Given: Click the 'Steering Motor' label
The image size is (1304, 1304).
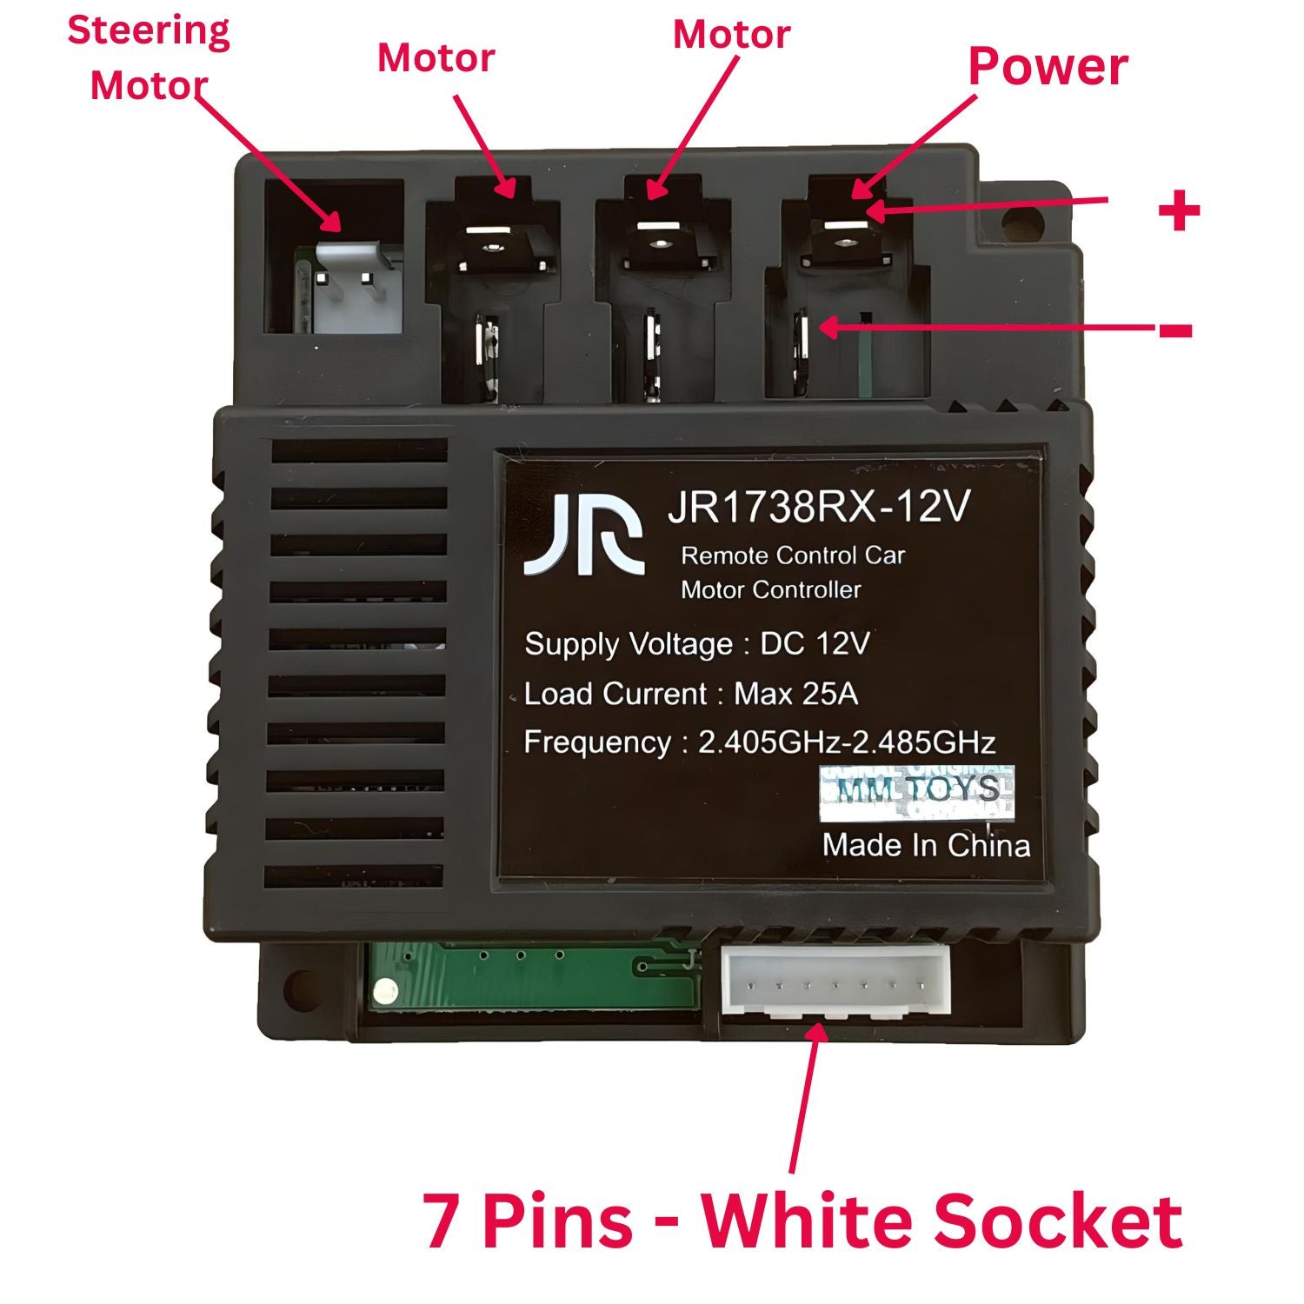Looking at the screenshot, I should pyautogui.click(x=149, y=58).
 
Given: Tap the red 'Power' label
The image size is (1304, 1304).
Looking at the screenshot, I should pyautogui.click(x=1048, y=66).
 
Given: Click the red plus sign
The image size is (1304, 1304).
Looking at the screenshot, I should pyautogui.click(x=1179, y=211).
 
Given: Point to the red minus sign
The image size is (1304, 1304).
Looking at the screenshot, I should pyautogui.click(x=1175, y=330).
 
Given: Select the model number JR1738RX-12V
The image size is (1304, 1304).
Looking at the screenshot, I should pyautogui.click(x=818, y=507).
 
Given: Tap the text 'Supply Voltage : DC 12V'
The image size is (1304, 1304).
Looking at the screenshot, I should pyautogui.click(x=696, y=644).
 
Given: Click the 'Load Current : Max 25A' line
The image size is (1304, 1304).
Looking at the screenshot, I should pyautogui.click(x=691, y=694).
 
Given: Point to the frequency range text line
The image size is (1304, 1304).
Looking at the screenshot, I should pyautogui.click(x=759, y=742).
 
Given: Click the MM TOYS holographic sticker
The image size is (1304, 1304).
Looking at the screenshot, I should pyautogui.click(x=918, y=792).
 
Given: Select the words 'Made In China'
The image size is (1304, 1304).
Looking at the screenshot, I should pyautogui.click(x=926, y=845).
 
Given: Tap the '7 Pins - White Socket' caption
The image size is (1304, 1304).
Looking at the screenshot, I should pyautogui.click(x=802, y=1220).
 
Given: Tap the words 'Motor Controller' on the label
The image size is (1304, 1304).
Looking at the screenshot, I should pyautogui.click(x=770, y=590).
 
